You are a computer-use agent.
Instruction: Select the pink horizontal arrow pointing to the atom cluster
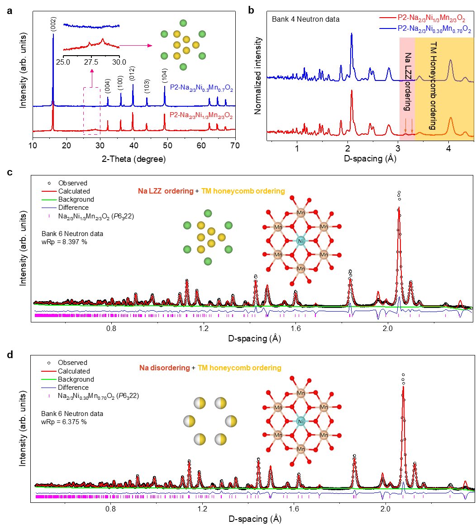[136, 46]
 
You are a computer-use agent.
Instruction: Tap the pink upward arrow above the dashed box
[92, 77]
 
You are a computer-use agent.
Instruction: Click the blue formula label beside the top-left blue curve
[201, 88]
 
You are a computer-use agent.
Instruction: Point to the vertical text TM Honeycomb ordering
[433, 86]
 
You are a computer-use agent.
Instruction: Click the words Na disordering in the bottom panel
[165, 368]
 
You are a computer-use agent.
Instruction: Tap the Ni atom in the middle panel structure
[301, 241]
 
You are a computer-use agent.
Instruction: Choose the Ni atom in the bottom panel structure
[301, 421]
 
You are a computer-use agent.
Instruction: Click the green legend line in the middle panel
[49, 199]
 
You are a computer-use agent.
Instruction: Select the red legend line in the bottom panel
[49, 371]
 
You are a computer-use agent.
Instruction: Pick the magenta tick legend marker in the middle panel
[49, 216]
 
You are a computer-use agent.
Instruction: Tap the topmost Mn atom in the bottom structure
[301, 393]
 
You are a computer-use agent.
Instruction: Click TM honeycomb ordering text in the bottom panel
[239, 368]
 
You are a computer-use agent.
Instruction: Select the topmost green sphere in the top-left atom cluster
[183, 23]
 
